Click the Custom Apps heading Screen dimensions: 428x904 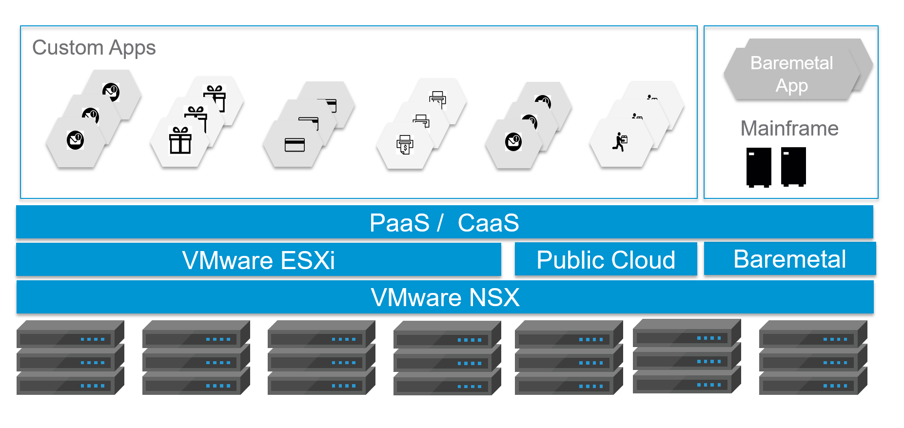pos(94,48)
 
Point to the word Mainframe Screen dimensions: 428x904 pos(789,129)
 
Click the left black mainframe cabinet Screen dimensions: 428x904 pos(759,167)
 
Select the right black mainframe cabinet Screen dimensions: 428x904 pos(793,166)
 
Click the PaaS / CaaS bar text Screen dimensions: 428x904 pos(444,223)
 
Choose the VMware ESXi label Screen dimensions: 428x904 pos(258,260)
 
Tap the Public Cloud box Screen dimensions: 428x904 pos(606,259)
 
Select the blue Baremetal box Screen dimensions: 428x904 pos(789,259)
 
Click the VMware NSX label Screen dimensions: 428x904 pos(445,297)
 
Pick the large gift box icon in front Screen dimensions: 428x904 pos(180,140)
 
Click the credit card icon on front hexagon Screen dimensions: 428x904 pos(295,145)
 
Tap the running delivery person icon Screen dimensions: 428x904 pos(619,142)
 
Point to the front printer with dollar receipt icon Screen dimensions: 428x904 pos(405,145)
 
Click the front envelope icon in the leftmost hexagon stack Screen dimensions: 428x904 pos(75,140)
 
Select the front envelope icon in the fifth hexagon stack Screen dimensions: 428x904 pos(513,142)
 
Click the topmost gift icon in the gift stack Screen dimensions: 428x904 pos(215,95)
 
